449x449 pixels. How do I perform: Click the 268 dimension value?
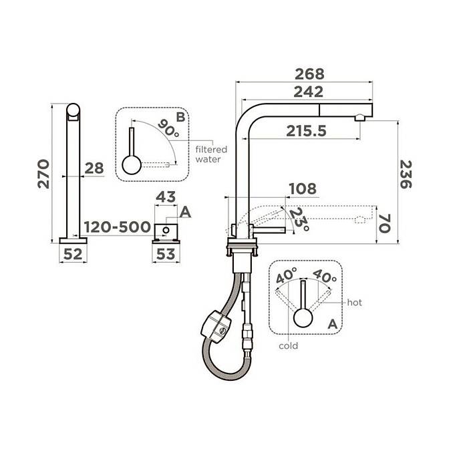pos(309,74)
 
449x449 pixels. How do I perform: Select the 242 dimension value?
pos(309,92)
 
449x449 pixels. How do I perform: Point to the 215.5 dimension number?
pos(306,131)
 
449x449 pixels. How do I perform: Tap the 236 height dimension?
pos(406,174)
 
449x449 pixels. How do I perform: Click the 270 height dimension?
pos(43,174)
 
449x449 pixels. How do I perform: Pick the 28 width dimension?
pos(94,168)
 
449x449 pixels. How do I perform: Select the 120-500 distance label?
pos(118,227)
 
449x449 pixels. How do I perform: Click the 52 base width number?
pos(73,254)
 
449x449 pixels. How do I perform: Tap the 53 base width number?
pos(166,254)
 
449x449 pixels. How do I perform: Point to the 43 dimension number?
pos(166,197)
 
